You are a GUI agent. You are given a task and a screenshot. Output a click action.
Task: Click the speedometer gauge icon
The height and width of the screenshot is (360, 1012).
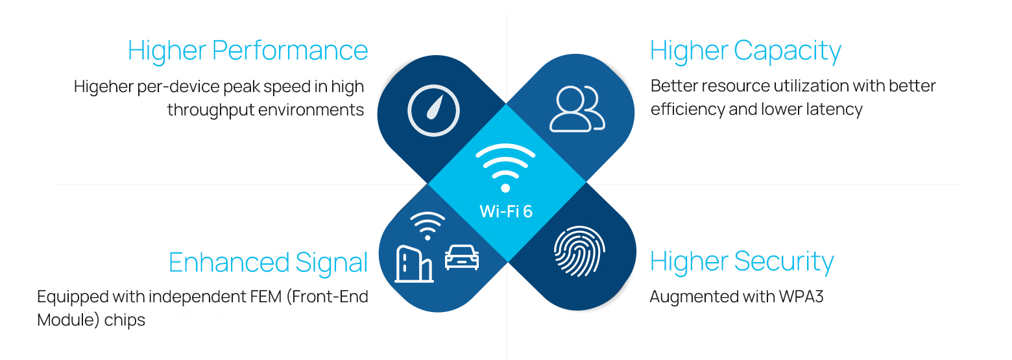pyautogui.click(x=433, y=111)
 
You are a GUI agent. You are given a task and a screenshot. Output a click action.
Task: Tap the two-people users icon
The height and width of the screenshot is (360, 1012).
pyautogui.click(x=576, y=110)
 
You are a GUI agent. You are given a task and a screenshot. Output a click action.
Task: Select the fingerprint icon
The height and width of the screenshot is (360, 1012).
pyautogui.click(x=579, y=252)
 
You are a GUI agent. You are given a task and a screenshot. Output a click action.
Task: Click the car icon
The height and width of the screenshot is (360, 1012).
pyautogui.click(x=462, y=257)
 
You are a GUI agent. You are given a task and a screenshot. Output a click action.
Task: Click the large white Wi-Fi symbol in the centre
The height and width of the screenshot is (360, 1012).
pyautogui.click(x=505, y=167)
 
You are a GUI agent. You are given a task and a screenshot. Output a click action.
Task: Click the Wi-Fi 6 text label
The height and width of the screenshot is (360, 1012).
pyautogui.click(x=505, y=211)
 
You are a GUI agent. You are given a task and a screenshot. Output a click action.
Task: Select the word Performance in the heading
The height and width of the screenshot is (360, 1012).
pyautogui.click(x=290, y=51)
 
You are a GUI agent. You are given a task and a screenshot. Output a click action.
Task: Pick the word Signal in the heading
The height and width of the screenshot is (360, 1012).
pyautogui.click(x=331, y=262)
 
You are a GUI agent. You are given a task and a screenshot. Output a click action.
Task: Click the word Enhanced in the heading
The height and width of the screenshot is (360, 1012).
pyautogui.click(x=228, y=262)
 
